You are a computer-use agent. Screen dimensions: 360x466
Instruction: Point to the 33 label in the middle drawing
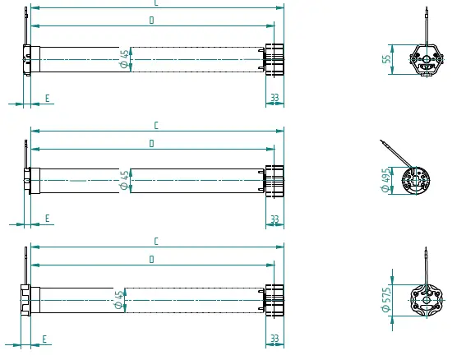pyautogui.click(x=275, y=219)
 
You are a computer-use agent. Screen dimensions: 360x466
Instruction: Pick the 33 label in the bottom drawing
pyautogui.click(x=275, y=339)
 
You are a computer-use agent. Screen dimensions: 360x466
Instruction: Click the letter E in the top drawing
pyautogui.click(x=47, y=98)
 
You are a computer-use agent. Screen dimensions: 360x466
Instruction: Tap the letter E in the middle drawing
pyautogui.click(x=47, y=219)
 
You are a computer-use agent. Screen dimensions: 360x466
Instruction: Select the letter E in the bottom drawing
pyautogui.click(x=44, y=339)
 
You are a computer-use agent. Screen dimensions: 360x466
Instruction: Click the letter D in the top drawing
pyautogui.click(x=152, y=21)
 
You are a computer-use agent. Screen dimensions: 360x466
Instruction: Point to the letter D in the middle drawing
pyautogui.click(x=152, y=143)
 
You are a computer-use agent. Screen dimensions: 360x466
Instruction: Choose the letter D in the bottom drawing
pyautogui.click(x=152, y=260)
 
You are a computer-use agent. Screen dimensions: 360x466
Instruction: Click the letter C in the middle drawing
pyautogui.click(x=156, y=126)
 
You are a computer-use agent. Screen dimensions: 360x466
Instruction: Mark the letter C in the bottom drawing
pyautogui.click(x=156, y=242)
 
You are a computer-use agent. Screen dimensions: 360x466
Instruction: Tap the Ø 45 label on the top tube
pyautogui.click(x=124, y=58)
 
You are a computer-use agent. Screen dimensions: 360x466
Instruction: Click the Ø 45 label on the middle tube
pyautogui.click(x=125, y=180)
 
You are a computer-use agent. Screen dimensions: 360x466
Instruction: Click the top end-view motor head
pyautogui.click(x=426, y=59)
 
